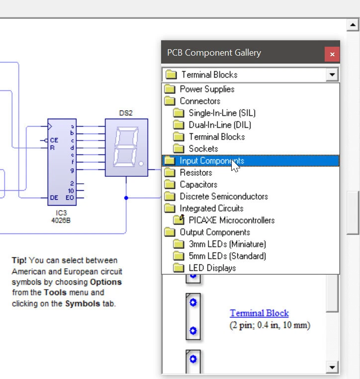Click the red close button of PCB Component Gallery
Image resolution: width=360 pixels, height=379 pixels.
tap(332, 54)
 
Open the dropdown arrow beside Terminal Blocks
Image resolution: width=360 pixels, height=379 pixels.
tap(332, 75)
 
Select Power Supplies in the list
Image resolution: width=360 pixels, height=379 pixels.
tap(207, 89)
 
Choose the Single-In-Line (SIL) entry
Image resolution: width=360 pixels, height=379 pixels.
tap(222, 113)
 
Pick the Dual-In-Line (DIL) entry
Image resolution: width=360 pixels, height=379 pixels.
tap(221, 125)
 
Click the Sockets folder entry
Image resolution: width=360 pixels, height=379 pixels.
tap(203, 149)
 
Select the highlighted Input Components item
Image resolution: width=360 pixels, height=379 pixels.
tap(212, 160)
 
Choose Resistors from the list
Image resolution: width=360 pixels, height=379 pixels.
tap(195, 172)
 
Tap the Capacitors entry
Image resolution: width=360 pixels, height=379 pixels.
tap(198, 184)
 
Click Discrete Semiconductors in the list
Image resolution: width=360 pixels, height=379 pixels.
tap(223, 196)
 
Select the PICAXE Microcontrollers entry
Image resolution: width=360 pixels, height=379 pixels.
tap(231, 220)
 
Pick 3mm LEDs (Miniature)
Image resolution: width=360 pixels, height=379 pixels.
tap(227, 244)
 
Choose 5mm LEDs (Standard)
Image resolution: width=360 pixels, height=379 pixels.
tap(227, 256)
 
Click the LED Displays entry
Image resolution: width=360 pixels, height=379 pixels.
tap(212, 268)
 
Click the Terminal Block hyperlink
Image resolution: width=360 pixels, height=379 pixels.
tap(259, 313)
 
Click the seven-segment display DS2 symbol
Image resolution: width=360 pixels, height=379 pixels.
tap(126, 148)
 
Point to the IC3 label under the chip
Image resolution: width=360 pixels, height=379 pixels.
tap(61, 213)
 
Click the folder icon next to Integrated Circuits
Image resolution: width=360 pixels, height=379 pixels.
tap(170, 208)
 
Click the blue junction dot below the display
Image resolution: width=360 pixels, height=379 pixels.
tap(126, 198)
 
